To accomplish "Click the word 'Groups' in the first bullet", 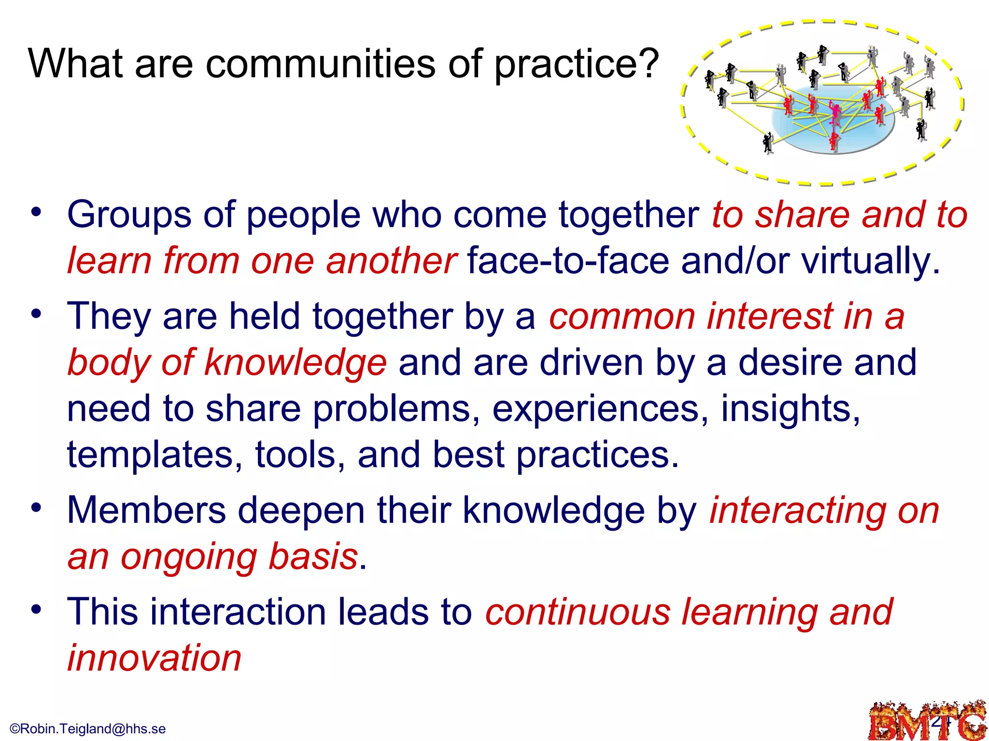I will coord(129,215).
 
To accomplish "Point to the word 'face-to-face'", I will coord(568,261).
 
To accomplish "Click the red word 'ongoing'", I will coord(188,557).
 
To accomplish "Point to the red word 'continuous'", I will coord(578,612).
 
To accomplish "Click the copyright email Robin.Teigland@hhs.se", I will coord(88,728).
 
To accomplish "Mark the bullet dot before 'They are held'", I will coord(36,314).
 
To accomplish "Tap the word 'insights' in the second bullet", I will coord(790,409).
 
